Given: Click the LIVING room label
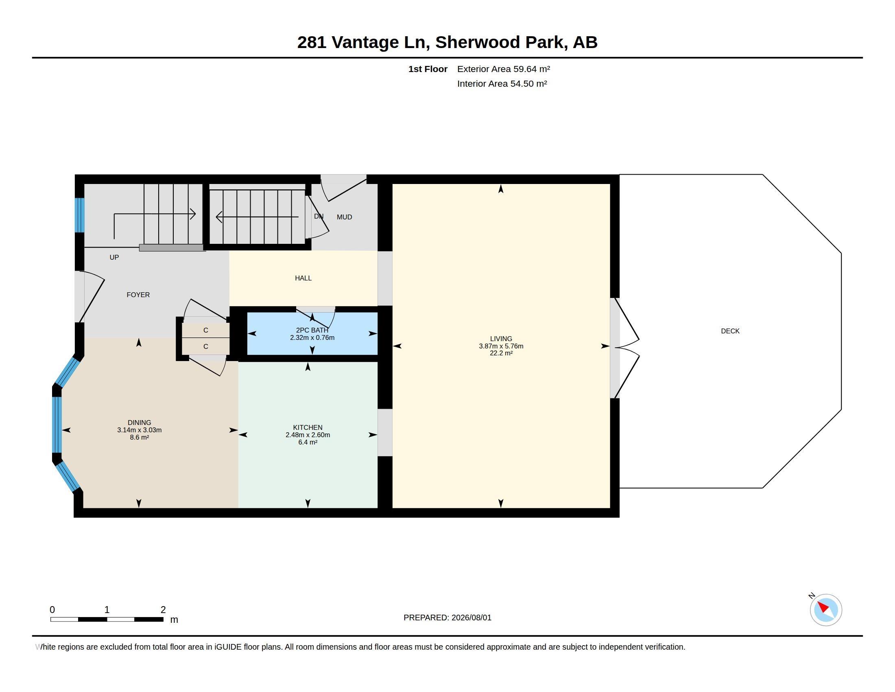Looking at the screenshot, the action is point(501,339).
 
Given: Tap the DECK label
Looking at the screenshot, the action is point(730,331).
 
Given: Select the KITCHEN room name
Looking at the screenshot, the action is point(308,427).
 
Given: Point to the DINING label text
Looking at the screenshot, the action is point(139,422).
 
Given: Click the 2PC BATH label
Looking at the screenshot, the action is point(312,330).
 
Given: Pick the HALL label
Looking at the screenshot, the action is point(303,278).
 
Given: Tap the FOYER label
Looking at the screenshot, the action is point(138,295).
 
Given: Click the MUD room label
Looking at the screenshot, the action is point(344,217).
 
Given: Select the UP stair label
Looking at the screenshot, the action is point(114,257).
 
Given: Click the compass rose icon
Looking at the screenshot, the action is point(826,610).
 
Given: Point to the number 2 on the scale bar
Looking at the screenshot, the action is point(163,610).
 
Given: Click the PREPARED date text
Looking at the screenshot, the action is point(447,618).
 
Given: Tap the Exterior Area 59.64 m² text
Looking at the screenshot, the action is point(504,69).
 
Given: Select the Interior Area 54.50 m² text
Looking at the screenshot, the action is point(502,83).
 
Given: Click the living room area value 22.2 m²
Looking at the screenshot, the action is point(501,353).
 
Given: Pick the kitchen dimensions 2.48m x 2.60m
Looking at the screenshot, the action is point(308,435).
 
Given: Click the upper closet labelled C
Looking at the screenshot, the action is point(206,331).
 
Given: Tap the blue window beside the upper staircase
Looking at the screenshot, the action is point(79,215).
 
